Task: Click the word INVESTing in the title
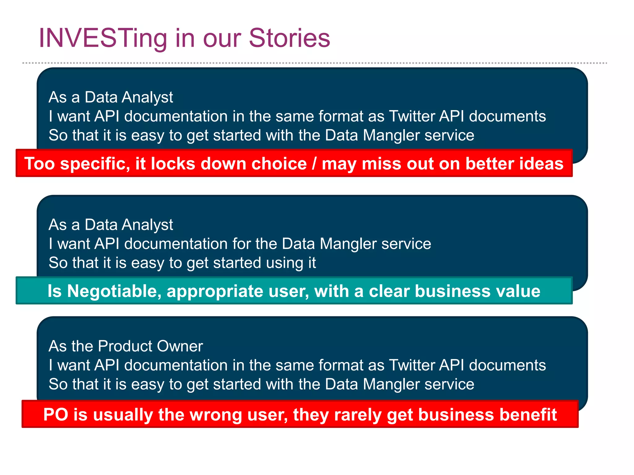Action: pyautogui.click(x=102, y=38)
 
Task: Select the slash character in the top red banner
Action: pyautogui.click(x=314, y=164)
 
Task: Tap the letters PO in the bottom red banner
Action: pyautogui.click(x=56, y=414)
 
